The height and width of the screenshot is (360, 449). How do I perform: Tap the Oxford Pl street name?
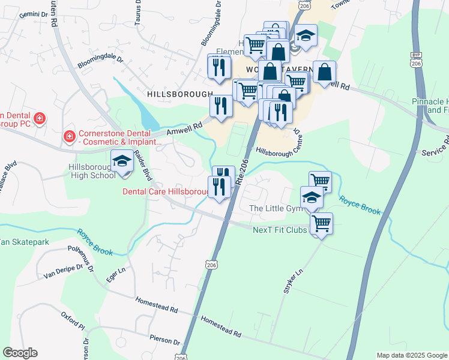click(73, 320)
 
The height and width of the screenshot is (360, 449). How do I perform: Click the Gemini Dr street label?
click(19, 13)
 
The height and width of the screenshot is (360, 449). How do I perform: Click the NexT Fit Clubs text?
click(280, 230)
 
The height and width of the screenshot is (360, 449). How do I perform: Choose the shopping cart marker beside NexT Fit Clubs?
click(321, 224)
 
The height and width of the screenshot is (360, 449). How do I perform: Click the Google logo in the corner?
click(20, 352)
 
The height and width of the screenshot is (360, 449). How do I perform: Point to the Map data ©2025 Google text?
click(411, 355)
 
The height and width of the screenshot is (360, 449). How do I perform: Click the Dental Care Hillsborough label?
click(165, 191)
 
